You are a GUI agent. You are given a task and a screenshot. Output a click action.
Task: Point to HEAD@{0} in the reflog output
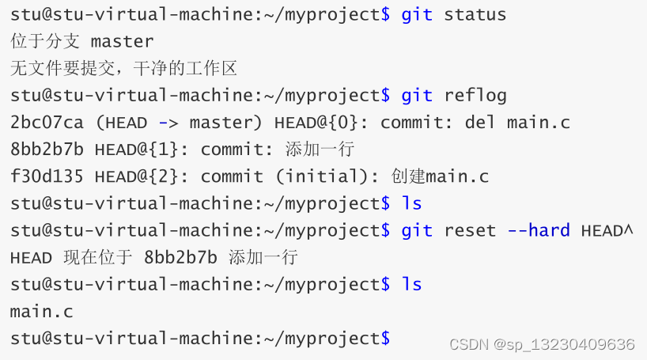point(327,123)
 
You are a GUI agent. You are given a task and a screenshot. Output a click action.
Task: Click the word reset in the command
point(470,230)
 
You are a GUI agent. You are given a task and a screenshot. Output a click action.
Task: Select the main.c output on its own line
point(42,311)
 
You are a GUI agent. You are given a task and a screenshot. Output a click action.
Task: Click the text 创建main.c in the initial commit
point(440,176)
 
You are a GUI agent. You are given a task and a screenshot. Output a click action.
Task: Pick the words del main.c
point(528,123)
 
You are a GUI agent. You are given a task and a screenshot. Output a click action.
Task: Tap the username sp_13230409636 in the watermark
point(572,344)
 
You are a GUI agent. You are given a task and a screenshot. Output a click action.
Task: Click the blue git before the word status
point(417,14)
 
